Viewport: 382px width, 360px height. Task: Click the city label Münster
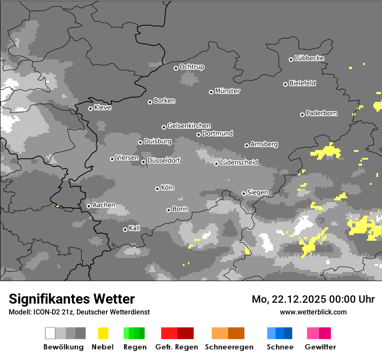[227, 91]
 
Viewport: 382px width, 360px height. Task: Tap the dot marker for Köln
[157, 189]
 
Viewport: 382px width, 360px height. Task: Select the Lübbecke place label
[309, 58]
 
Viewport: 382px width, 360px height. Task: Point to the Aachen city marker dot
[89, 206]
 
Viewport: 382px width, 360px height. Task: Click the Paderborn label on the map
[321, 113]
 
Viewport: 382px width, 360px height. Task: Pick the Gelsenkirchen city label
[189, 126]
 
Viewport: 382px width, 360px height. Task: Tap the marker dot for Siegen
[244, 193]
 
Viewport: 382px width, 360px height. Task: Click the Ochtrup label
[192, 67]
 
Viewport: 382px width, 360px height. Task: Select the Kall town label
[135, 228]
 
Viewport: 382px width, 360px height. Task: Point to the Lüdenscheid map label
[239, 163]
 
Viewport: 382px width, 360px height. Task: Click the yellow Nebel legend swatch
[103, 333]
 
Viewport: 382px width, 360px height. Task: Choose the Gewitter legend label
[320, 347]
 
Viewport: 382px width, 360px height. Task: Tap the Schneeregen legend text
[229, 347]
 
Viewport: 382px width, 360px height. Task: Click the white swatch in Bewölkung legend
[50, 333]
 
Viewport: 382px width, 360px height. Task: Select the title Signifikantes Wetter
[72, 299]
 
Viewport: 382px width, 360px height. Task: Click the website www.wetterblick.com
[313, 312]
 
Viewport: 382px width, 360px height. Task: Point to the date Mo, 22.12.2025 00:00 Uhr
[313, 299]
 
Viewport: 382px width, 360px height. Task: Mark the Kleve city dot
[90, 108]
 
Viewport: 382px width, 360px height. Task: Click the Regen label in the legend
[135, 347]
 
